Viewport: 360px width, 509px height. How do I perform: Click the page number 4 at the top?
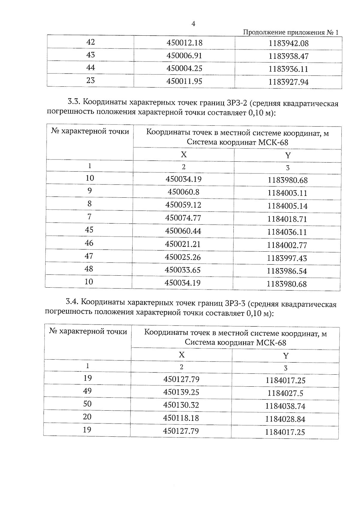[x=193, y=24]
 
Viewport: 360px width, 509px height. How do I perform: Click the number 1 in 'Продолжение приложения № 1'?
[x=337, y=33]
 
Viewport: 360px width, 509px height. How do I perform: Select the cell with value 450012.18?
[x=184, y=43]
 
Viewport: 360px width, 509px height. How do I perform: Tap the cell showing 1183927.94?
[x=288, y=82]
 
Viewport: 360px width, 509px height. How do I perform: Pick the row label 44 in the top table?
[x=90, y=68]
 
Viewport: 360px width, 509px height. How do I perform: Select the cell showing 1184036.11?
[x=287, y=232]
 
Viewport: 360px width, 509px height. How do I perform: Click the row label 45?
[x=89, y=230]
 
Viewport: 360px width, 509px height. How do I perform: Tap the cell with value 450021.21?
[x=183, y=244]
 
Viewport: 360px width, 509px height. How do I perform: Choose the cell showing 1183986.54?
[x=287, y=271]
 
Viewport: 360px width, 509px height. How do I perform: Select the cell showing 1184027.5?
[x=285, y=393]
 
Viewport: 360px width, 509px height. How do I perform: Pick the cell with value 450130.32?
[x=181, y=405]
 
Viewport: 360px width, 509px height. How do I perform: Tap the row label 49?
[x=87, y=391]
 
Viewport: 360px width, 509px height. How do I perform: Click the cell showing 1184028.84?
[x=285, y=419]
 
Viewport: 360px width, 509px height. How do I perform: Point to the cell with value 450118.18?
[x=181, y=418]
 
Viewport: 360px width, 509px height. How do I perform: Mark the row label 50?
[x=87, y=404]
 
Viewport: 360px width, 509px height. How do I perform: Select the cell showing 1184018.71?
[x=287, y=219]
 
